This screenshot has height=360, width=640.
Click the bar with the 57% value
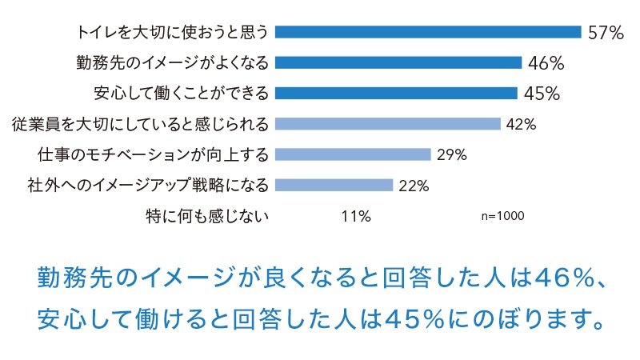coord(428,32)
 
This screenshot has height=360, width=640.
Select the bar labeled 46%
coord(398,62)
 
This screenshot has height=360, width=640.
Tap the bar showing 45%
coord(396,93)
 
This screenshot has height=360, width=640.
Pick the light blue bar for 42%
coord(387,123)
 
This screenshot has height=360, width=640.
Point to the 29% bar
coord(353,154)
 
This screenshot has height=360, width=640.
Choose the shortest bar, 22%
coord(334,185)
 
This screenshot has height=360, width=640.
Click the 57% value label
coord(605,33)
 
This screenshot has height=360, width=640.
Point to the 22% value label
coord(414,186)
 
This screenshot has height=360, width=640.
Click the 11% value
coord(355,216)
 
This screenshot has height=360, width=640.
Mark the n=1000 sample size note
coord(503,216)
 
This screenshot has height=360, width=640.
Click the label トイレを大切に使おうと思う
coord(173,33)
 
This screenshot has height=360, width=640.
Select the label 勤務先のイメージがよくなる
coord(173,62)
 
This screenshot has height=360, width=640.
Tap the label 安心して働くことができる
coord(181,93)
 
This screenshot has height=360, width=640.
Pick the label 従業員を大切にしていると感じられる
coord(141,124)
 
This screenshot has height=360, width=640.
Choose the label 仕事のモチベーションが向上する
coord(153,154)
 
